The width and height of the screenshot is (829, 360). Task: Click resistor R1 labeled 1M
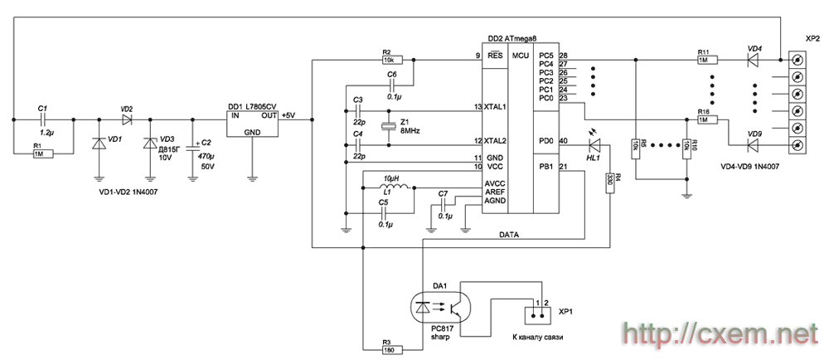[43, 153]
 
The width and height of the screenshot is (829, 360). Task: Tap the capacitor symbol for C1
[43, 119]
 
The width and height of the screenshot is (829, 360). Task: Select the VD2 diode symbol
[126, 119]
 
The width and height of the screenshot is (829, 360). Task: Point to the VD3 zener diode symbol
[151, 143]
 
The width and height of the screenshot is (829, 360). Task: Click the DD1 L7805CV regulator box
[253, 124]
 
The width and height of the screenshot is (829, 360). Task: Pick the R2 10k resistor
[392, 60]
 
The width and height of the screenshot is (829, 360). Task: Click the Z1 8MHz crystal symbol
[389, 126]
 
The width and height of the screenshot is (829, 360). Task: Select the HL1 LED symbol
[595, 144]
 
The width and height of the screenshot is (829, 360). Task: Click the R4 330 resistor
[610, 182]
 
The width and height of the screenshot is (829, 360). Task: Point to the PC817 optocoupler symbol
[439, 307]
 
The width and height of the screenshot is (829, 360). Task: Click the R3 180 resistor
[392, 349]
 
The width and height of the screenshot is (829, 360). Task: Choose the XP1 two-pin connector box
[538, 315]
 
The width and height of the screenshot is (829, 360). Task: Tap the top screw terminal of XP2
[797, 59]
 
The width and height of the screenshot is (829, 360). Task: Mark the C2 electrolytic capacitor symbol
[192, 147]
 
